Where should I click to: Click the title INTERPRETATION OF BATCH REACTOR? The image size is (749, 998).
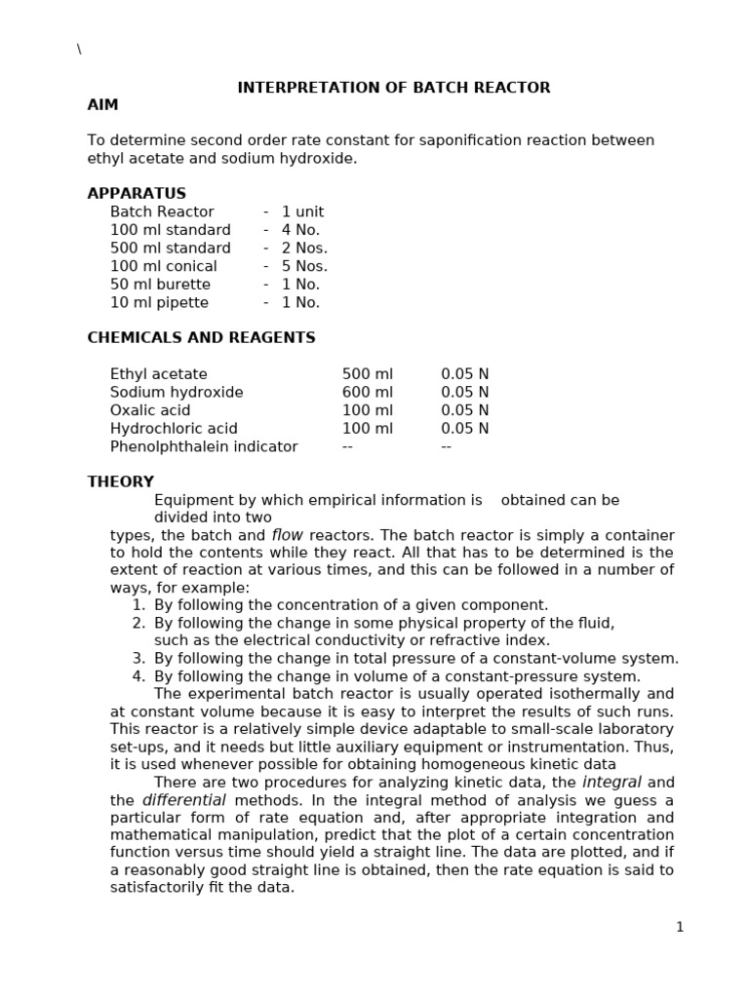click(x=394, y=88)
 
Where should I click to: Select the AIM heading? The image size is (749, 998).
click(x=102, y=105)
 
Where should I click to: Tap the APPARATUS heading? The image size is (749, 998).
click(x=137, y=193)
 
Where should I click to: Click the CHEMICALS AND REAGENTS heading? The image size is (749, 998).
click(x=201, y=338)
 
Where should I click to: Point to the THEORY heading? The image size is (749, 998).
click(x=120, y=481)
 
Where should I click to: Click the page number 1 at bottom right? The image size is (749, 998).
click(x=680, y=927)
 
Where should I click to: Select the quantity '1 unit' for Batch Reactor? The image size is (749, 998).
click(x=302, y=211)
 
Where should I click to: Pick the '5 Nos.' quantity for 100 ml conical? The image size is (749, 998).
click(x=304, y=266)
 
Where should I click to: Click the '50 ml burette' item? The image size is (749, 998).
click(x=160, y=285)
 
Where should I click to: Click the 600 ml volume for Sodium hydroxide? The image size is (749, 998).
click(x=368, y=392)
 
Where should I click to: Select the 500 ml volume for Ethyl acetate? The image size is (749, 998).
click(x=368, y=374)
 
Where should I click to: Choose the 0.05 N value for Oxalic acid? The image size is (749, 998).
click(x=465, y=410)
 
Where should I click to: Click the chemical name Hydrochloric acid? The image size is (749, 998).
click(x=174, y=428)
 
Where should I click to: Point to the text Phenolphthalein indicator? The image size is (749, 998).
click(x=204, y=446)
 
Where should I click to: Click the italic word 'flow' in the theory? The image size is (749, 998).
click(x=287, y=535)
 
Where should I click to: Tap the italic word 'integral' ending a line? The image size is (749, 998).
click(x=611, y=783)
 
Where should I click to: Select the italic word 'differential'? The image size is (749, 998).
click(x=184, y=800)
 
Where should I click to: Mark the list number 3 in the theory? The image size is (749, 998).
click(x=138, y=659)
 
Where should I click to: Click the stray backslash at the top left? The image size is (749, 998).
click(x=79, y=50)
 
